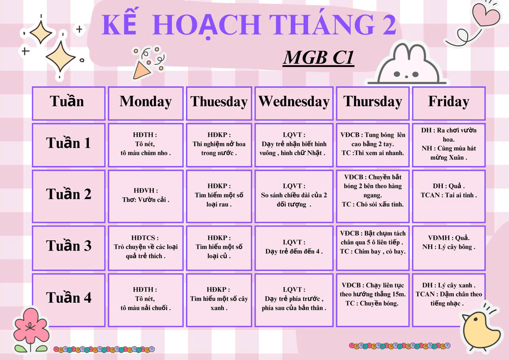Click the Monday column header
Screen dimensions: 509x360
coord(146,101)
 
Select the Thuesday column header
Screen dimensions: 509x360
coord(219,101)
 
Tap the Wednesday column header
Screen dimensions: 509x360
coord(294,101)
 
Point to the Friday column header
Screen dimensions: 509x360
coord(449,101)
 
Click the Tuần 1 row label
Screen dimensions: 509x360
coord(68,143)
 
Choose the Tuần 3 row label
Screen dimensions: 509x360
coord(68,245)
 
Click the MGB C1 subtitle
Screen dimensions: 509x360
coord(319,58)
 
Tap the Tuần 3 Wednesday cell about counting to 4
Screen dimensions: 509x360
coord(294,247)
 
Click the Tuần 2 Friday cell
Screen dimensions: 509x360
coord(449,191)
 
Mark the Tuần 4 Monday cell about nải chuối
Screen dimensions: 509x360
coord(146,299)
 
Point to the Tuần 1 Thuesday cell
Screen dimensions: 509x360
coord(219,144)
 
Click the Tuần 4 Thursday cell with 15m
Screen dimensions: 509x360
coord(373,294)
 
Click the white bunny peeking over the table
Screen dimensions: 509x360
coord(407,65)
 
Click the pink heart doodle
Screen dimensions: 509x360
coord(486,14)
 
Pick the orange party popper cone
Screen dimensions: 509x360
coord(141,70)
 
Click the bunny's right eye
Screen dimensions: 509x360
coord(416,74)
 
